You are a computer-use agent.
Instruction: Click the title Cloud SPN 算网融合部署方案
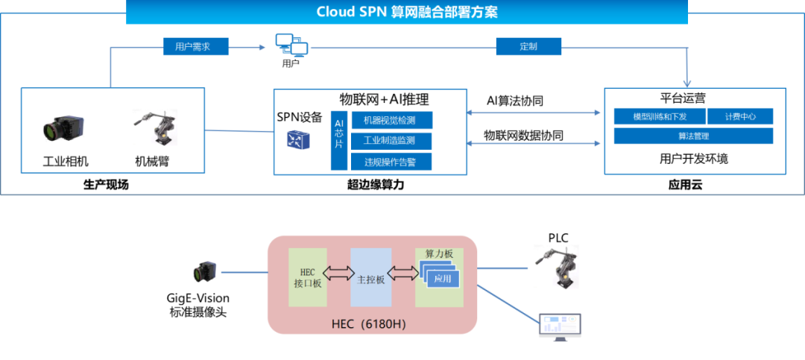(x=406, y=12)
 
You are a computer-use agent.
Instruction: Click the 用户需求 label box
(x=196, y=46)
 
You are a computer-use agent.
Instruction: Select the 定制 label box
(x=528, y=46)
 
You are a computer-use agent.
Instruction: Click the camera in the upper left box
(x=63, y=129)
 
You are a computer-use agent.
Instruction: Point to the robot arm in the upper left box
(x=157, y=127)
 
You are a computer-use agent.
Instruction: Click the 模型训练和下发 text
(x=660, y=116)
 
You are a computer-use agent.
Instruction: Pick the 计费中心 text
(x=740, y=116)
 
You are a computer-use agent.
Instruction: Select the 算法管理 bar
(x=693, y=136)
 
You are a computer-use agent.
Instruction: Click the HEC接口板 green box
(x=308, y=277)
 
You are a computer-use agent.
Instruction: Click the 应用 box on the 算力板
(x=443, y=280)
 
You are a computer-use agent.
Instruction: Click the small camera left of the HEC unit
(x=204, y=271)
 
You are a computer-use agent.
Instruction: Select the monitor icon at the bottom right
(x=560, y=326)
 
